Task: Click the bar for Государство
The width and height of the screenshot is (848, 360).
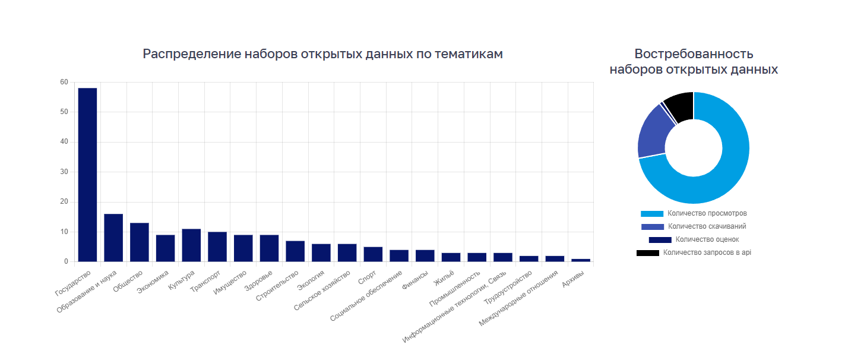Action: (87, 175)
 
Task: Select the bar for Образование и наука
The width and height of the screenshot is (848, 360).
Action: (113, 238)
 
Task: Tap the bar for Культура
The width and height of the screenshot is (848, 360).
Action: (191, 245)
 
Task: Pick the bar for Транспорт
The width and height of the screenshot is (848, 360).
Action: (217, 247)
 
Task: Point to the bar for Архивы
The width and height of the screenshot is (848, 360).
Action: (581, 260)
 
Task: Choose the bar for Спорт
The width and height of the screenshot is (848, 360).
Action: (373, 254)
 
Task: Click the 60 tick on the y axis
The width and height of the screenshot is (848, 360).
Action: (64, 82)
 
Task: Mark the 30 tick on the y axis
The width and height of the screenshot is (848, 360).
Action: (64, 172)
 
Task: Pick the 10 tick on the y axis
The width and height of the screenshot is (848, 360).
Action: (64, 232)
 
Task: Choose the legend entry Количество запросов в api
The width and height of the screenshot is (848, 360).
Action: (707, 252)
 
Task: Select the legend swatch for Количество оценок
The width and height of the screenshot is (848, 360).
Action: (660, 240)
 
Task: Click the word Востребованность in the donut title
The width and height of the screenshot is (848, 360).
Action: (694, 54)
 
